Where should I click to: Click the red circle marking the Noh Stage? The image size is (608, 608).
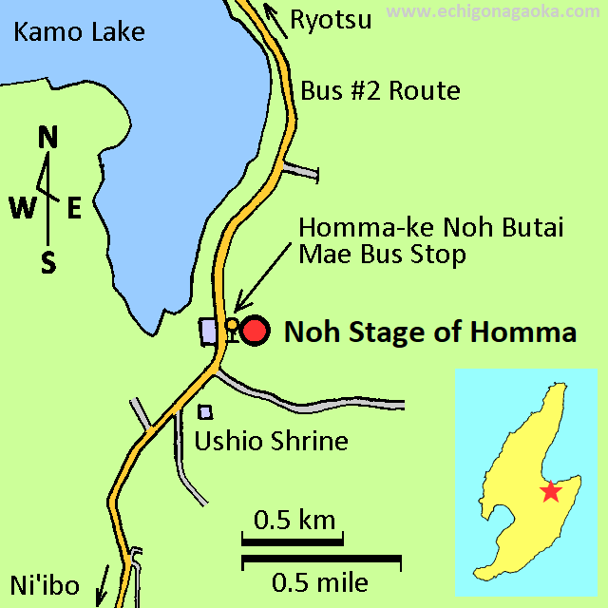[x=254, y=331]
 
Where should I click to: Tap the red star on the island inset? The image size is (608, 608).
[x=550, y=491]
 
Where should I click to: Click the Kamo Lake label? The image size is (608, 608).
[x=80, y=32]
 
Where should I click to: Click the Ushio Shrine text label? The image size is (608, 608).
[x=271, y=441]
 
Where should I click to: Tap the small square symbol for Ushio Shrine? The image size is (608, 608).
[x=204, y=412]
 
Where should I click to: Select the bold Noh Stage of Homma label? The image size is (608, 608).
[x=430, y=332]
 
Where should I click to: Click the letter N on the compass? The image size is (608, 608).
[x=47, y=139]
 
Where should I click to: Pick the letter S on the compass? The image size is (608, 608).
[x=47, y=262]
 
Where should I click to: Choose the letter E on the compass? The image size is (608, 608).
[x=74, y=208]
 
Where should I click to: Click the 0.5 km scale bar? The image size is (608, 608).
[x=293, y=541]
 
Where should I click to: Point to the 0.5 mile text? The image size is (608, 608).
[x=320, y=581]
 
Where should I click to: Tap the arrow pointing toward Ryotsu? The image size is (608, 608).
[x=275, y=12]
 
